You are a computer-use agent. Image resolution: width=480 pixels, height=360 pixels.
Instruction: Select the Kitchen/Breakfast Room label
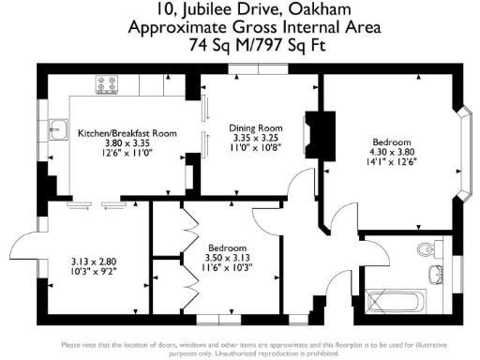point(127,134)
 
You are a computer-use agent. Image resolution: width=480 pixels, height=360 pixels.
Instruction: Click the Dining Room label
point(256,127)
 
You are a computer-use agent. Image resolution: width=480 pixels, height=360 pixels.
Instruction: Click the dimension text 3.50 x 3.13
point(229,256)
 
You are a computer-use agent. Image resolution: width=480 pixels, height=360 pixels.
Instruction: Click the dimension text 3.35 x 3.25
point(256,138)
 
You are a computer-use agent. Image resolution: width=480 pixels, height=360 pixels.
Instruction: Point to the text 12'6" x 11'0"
point(127,154)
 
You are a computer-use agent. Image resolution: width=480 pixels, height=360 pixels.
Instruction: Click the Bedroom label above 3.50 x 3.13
point(229,246)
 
